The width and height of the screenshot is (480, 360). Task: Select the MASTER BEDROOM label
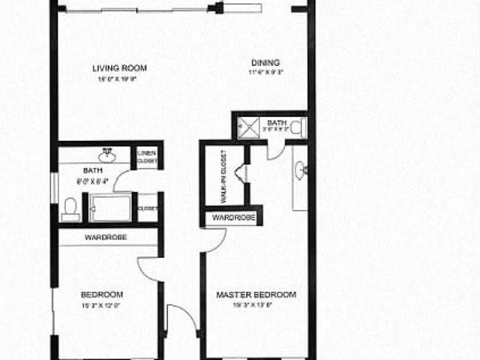(x=256, y=294)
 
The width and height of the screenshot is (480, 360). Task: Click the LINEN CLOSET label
(x=147, y=157)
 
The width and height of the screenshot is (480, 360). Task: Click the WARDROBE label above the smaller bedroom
(x=105, y=237)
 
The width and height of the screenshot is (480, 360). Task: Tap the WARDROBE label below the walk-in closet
(x=234, y=217)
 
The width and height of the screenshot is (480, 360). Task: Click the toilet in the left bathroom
(x=71, y=208)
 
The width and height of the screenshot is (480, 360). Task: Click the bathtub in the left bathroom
(x=110, y=208)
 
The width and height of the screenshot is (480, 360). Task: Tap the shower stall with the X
(x=248, y=127)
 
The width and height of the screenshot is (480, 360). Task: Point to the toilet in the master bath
(x=297, y=127)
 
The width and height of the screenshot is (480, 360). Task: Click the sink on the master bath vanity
(x=301, y=171)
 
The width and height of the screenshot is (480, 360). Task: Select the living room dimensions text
(x=121, y=79)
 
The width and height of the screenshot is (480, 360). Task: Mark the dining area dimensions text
(x=265, y=73)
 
